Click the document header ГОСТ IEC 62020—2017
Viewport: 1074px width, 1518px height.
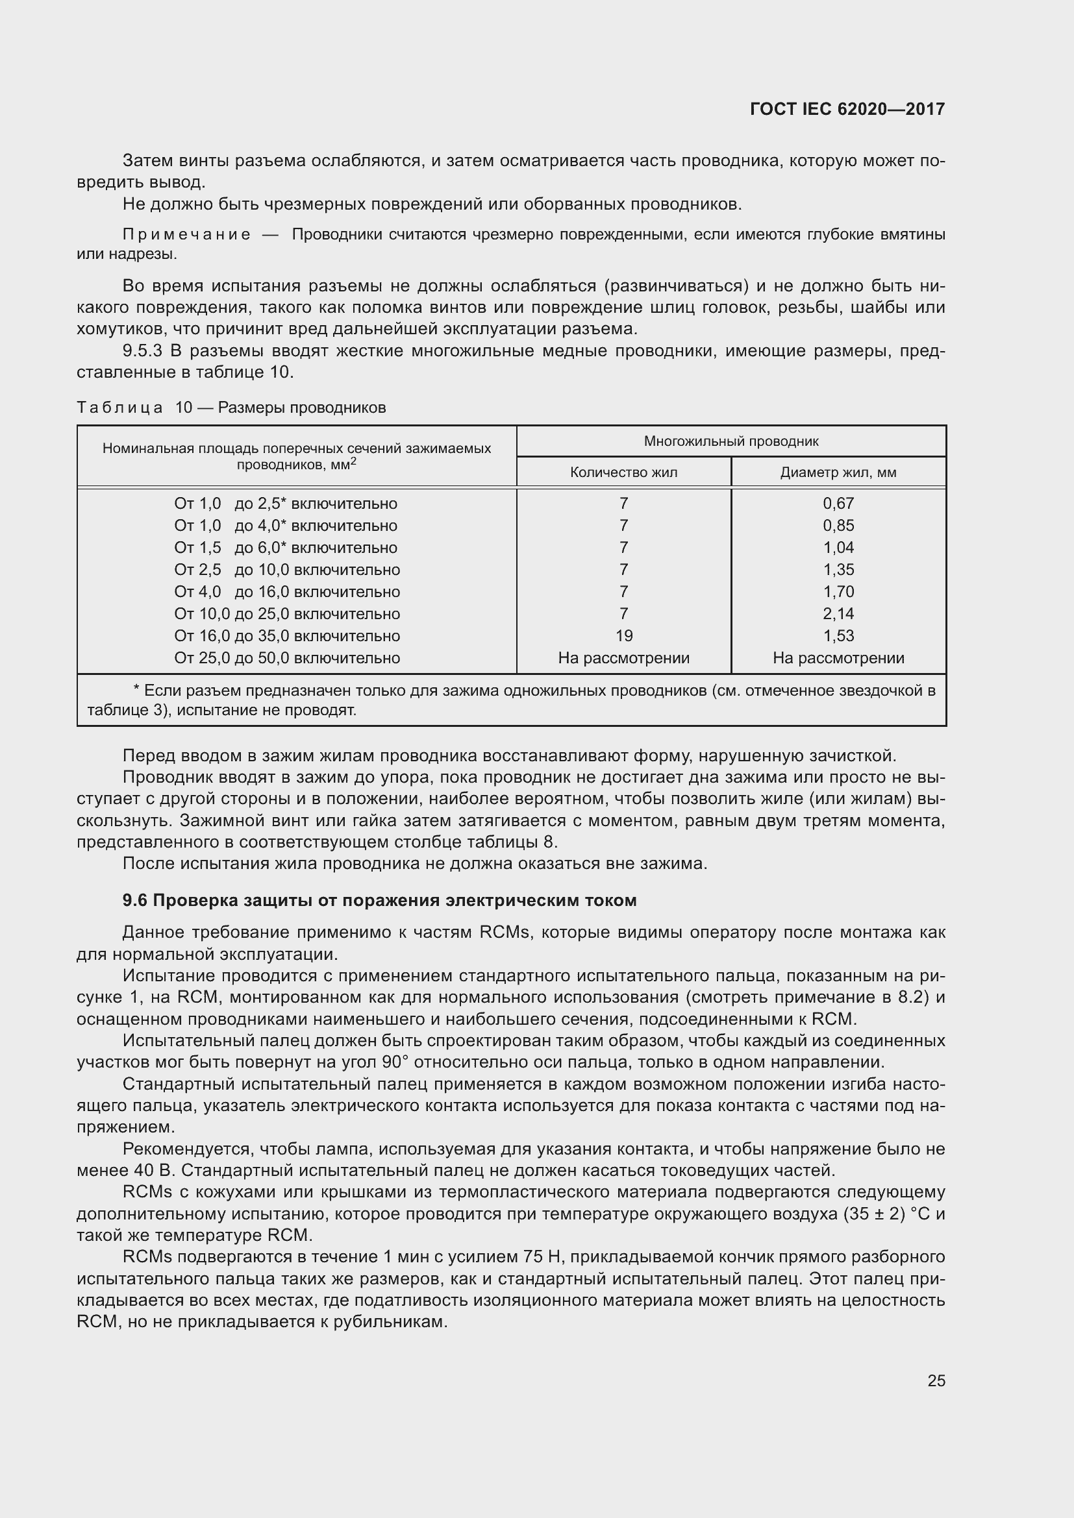pyautogui.click(x=847, y=109)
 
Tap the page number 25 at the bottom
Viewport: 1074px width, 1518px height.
pyautogui.click(x=936, y=1380)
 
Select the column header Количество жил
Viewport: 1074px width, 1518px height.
pyautogui.click(x=623, y=472)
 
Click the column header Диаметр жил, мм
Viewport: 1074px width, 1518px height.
pyautogui.click(x=838, y=472)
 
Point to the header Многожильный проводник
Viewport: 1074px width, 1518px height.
pyautogui.click(x=731, y=441)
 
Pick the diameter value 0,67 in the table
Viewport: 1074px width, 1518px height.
pyautogui.click(x=838, y=503)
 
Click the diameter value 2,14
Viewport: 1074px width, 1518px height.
pyautogui.click(x=838, y=613)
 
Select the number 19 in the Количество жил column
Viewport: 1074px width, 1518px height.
pyautogui.click(x=623, y=635)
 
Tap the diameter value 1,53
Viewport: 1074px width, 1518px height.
pyautogui.click(x=838, y=635)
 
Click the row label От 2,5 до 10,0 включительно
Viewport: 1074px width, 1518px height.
pyautogui.click(x=286, y=569)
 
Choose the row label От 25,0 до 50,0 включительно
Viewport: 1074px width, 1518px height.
pyautogui.click(x=286, y=658)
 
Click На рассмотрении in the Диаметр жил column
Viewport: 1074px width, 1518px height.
pyautogui.click(x=838, y=658)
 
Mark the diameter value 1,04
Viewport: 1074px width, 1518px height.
pyautogui.click(x=838, y=548)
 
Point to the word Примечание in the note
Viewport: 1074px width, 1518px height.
pyautogui.click(x=186, y=235)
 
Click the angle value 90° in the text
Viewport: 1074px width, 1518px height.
pyautogui.click(x=395, y=1062)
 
